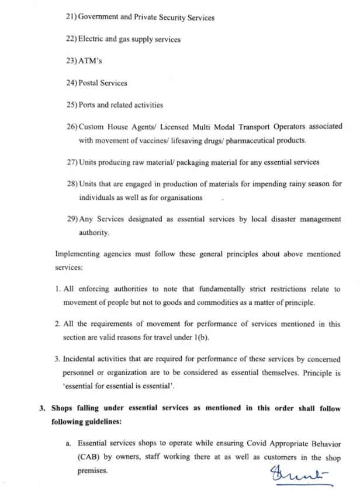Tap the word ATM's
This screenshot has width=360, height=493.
tap(91, 61)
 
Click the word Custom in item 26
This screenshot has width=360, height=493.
tap(92, 127)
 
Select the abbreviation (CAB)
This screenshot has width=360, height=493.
tap(89, 457)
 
